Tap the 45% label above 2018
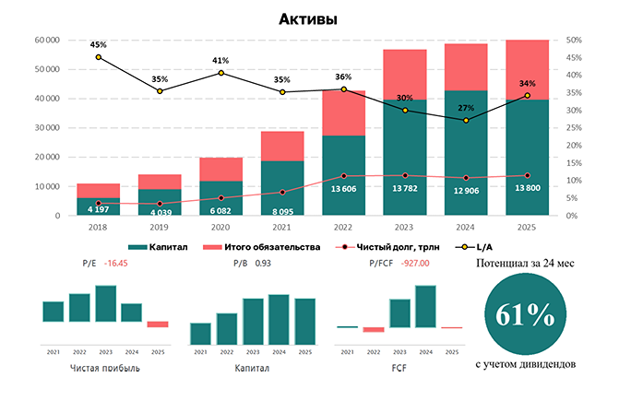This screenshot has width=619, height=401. (x=99, y=44)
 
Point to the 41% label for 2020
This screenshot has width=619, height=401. (x=220, y=60)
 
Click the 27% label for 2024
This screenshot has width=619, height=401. (x=466, y=108)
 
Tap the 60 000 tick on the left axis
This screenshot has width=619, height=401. (x=46, y=40)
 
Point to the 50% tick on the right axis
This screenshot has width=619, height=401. (x=573, y=40)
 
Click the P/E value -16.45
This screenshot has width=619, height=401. (x=116, y=264)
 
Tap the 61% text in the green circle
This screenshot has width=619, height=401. (x=525, y=315)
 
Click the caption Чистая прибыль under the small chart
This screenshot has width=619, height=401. (x=105, y=368)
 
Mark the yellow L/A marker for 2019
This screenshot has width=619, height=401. (x=160, y=91)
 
